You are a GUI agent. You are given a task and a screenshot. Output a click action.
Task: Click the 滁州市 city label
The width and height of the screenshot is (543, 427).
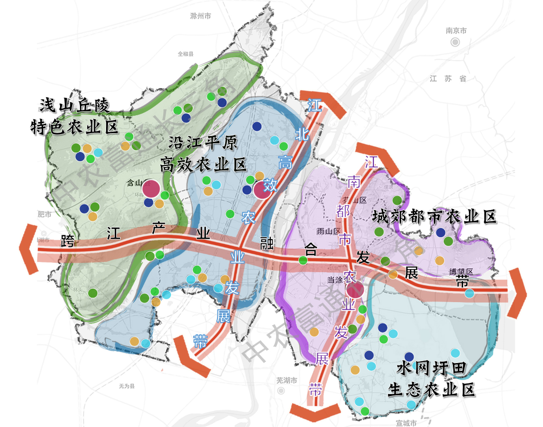(201, 16)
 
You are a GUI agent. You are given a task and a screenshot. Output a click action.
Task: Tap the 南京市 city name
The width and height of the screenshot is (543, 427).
(456, 30)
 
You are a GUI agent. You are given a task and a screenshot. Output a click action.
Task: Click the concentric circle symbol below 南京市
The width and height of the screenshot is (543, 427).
(455, 42)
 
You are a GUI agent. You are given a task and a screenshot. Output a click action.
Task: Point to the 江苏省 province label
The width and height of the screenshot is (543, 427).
(448, 78)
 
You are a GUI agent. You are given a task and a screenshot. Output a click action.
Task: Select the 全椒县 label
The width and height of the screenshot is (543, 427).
(185, 54)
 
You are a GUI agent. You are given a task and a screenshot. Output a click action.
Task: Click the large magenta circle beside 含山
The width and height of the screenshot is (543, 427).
(151, 188)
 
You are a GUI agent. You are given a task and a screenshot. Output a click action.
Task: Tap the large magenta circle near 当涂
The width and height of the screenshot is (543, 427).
(355, 290)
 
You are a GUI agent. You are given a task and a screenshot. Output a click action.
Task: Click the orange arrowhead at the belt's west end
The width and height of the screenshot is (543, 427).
(28, 249)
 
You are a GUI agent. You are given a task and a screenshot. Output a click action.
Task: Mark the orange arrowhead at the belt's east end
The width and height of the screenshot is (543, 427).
(517, 292)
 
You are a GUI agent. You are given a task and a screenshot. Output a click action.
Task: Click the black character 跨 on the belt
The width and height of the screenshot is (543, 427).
(68, 241)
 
